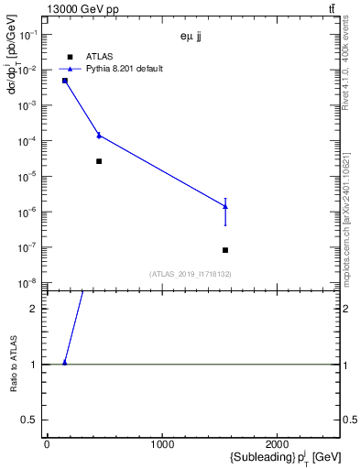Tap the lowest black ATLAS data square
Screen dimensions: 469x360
point(225,250)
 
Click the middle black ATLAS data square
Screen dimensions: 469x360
point(99,161)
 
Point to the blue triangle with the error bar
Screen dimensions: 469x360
point(225,206)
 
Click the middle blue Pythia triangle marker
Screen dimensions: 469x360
point(99,136)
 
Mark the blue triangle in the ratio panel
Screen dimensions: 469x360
point(65,363)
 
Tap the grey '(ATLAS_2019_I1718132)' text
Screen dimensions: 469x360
point(191,274)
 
